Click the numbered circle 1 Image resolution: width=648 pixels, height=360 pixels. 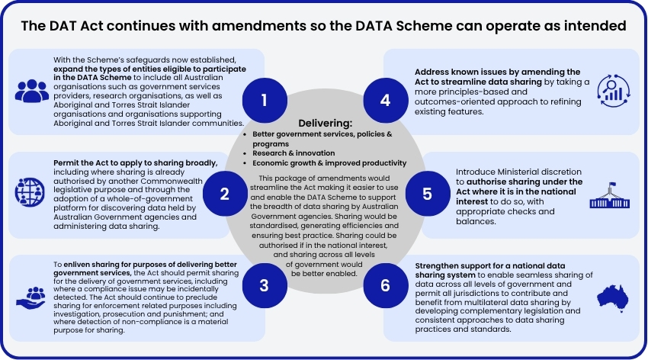[x=264, y=101]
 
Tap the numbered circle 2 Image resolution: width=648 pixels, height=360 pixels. [x=224, y=194]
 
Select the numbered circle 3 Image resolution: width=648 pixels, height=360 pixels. [x=264, y=285]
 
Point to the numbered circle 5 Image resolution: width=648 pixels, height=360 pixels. [x=427, y=194]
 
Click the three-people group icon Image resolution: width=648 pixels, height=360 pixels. [x=31, y=92]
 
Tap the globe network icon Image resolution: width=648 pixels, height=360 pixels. [x=31, y=190]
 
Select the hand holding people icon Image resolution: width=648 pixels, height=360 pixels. [x=31, y=297]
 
